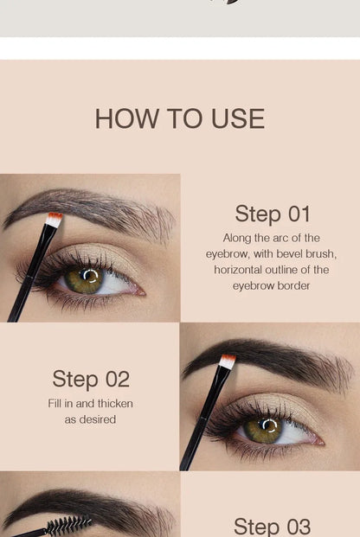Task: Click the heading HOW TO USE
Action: tap(179, 118)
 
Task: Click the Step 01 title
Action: tap(272, 214)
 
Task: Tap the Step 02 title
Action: tap(90, 379)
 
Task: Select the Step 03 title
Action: tap(272, 526)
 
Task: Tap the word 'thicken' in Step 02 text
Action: tap(113, 404)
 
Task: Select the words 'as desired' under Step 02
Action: tap(90, 419)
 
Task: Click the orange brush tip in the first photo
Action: tap(55, 219)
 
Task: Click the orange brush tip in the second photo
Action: tap(228, 361)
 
